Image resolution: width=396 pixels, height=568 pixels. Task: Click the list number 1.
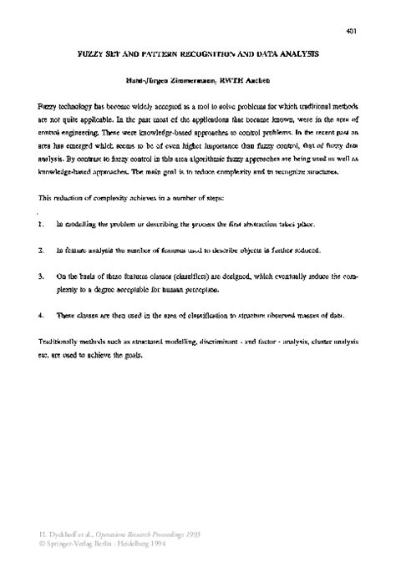pyautogui.click(x=41, y=226)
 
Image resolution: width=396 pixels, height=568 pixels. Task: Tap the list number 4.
pyautogui.click(x=41, y=315)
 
